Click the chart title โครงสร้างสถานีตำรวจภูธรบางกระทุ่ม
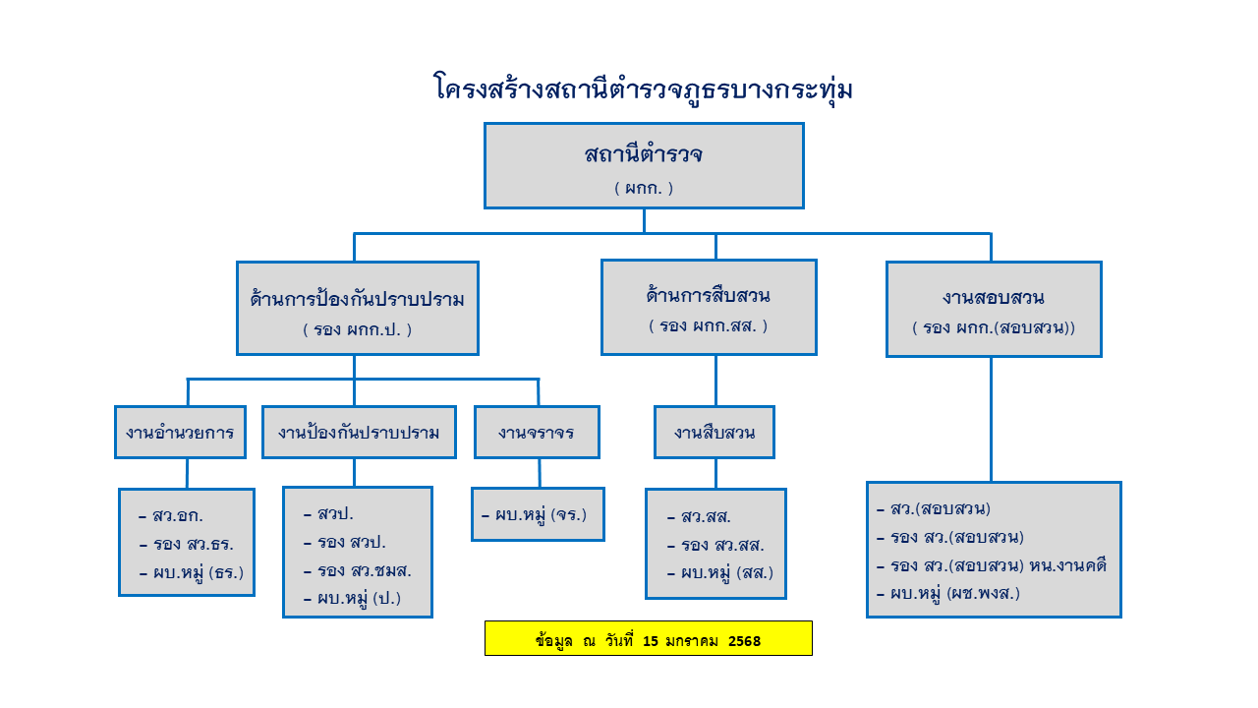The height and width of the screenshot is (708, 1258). (x=643, y=89)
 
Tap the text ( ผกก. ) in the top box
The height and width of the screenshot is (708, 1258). (x=644, y=188)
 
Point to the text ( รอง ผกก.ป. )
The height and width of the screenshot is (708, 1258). (x=357, y=329)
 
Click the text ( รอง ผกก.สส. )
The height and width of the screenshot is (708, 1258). (x=708, y=325)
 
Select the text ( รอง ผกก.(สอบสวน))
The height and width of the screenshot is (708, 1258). (x=993, y=327)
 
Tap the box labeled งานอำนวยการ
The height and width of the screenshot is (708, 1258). (x=180, y=432)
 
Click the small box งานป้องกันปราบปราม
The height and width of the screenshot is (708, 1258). (x=359, y=432)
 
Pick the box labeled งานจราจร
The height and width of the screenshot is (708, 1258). (x=536, y=432)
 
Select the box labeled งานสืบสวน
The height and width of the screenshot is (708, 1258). (x=715, y=432)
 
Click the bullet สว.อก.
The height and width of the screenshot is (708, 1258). (x=178, y=515)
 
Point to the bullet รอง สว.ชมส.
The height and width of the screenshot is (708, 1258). (x=364, y=570)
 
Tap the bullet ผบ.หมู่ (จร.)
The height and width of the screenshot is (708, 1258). (x=540, y=513)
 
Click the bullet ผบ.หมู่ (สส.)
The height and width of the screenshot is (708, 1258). (x=726, y=572)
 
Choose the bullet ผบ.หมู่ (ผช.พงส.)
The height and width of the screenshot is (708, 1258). (x=954, y=593)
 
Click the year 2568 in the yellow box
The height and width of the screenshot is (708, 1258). (x=745, y=641)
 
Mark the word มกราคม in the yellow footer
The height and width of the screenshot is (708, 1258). (x=692, y=641)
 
